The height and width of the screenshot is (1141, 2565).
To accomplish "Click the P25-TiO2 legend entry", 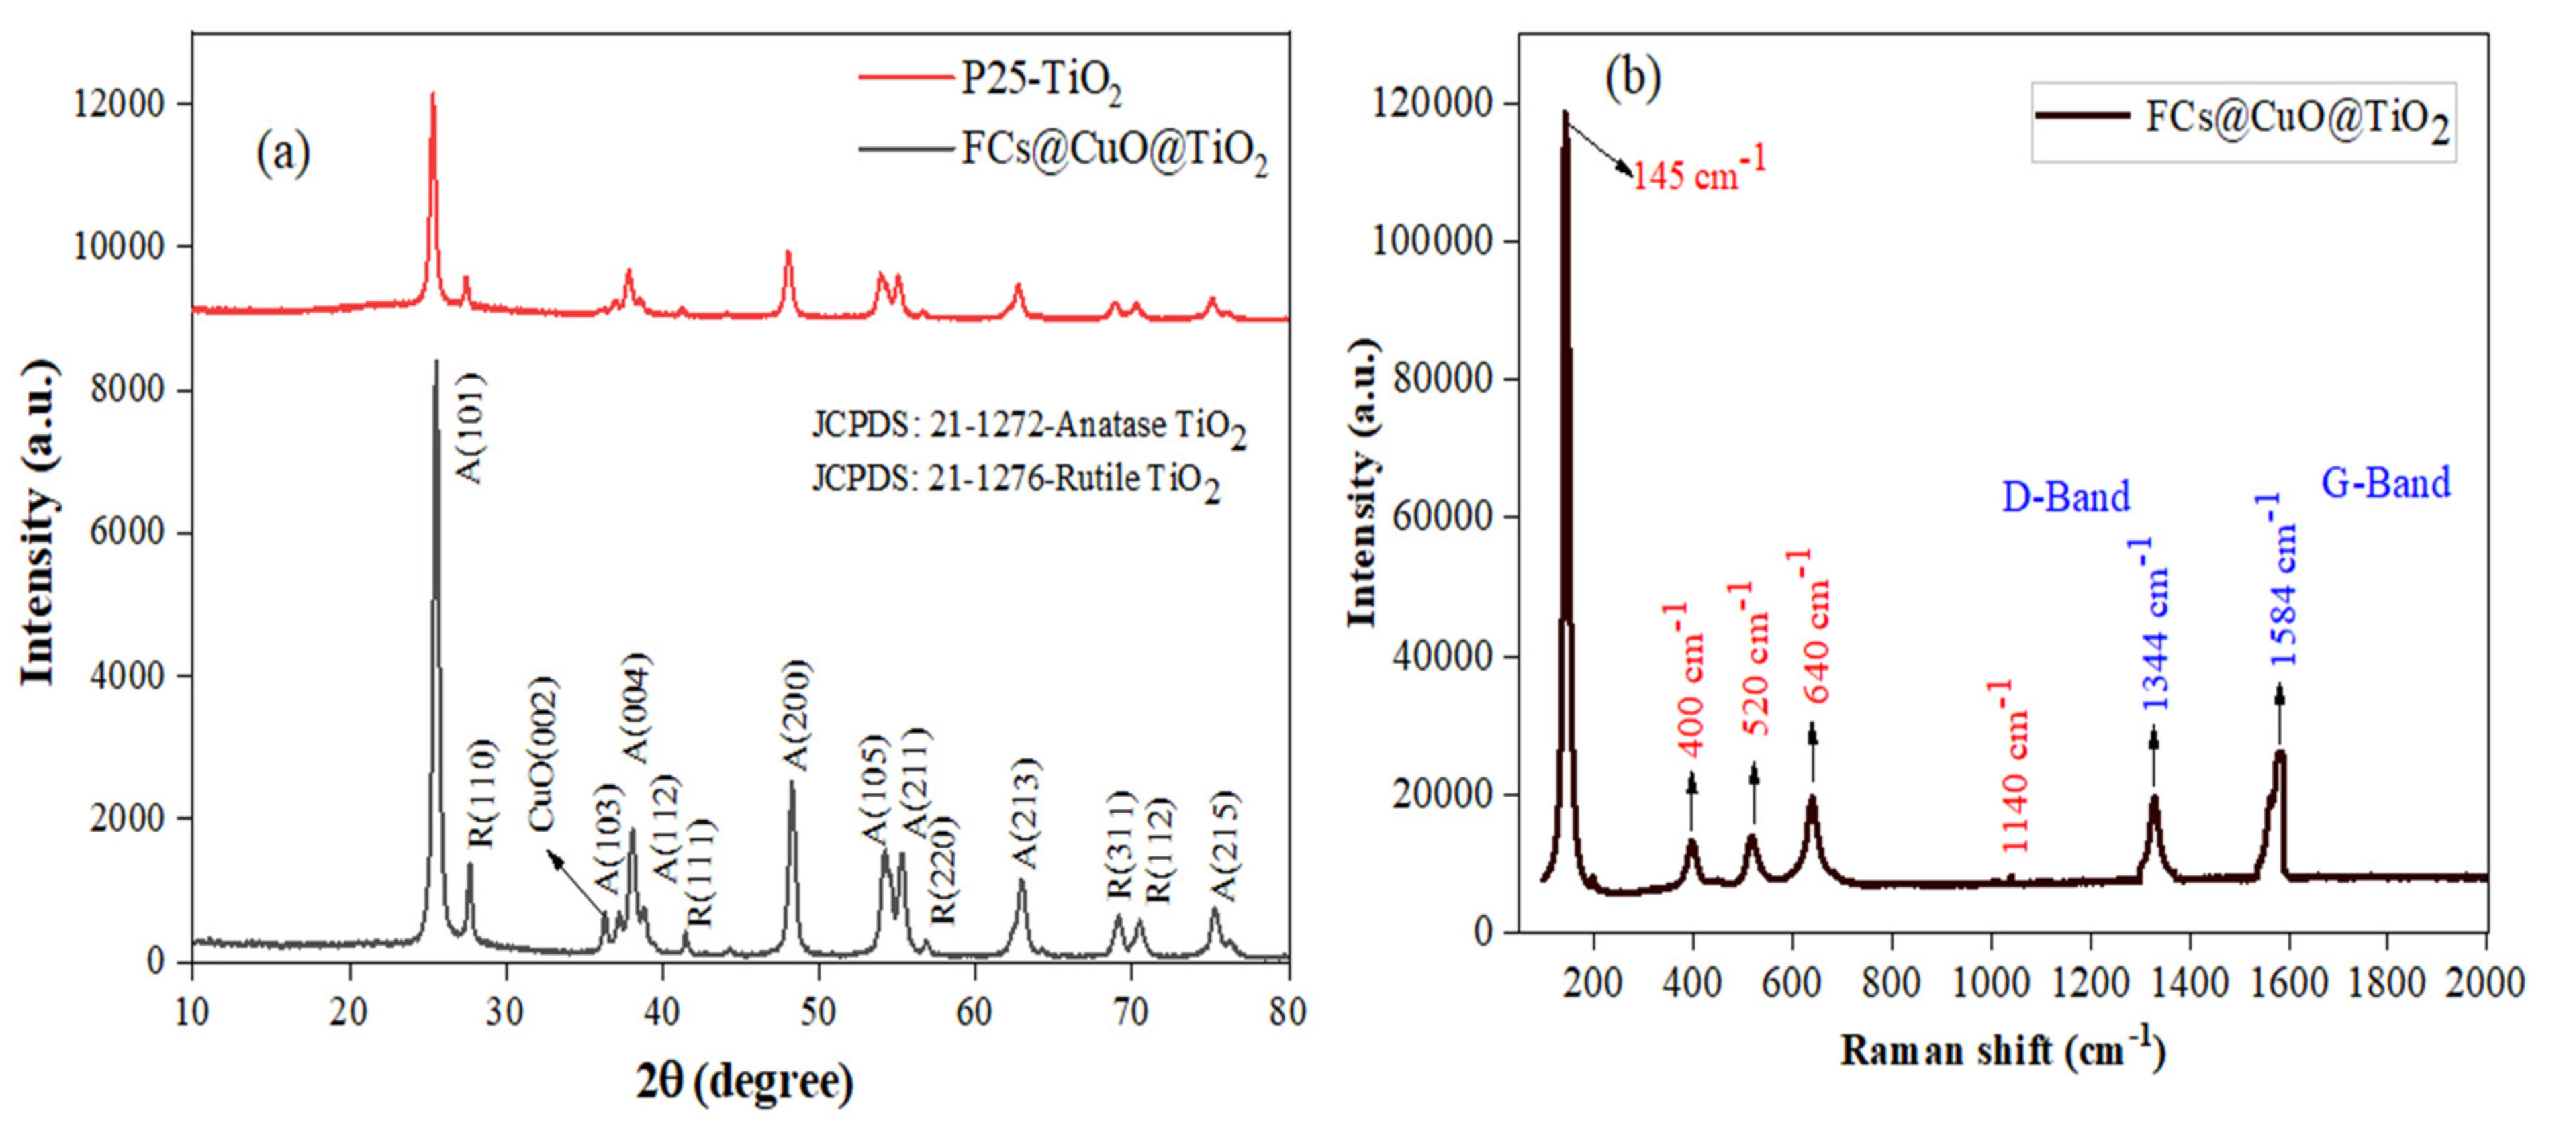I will tap(1041, 80).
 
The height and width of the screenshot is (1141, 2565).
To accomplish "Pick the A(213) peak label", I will tap(1025, 812).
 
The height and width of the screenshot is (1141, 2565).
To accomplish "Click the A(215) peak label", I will tap(1223, 845).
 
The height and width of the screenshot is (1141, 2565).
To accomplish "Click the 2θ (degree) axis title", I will tap(745, 1081).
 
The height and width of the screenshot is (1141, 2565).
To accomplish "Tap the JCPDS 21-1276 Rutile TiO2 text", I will tap(1016, 482).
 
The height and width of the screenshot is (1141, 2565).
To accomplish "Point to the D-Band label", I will tap(2065, 496).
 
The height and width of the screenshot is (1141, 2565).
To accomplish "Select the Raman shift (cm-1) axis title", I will tap(2002, 1050).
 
